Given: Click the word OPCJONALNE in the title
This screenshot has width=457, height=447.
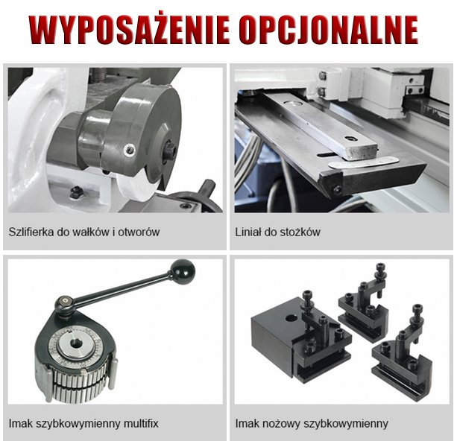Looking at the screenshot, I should [x=329, y=30].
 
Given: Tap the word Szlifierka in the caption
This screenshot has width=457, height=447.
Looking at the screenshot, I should [x=30, y=232].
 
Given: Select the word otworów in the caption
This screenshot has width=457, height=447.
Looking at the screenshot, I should [x=139, y=232].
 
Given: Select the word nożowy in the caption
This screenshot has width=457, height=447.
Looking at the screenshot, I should [x=283, y=423].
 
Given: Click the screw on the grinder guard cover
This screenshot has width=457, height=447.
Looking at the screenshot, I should [x=130, y=146].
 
